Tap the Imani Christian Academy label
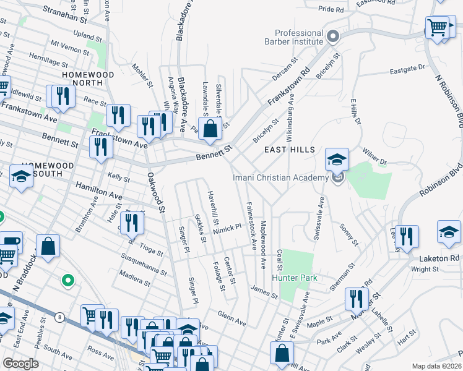pos(280,178)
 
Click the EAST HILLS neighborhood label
pos(290,150)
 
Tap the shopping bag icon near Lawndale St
pos(210,128)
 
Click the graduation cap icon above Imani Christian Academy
pos(337,160)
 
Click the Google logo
pos(20,364)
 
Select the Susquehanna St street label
pos(144,265)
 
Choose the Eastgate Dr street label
pos(408,69)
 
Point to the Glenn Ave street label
pos(231,319)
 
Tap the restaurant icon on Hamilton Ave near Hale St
pos(131,222)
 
